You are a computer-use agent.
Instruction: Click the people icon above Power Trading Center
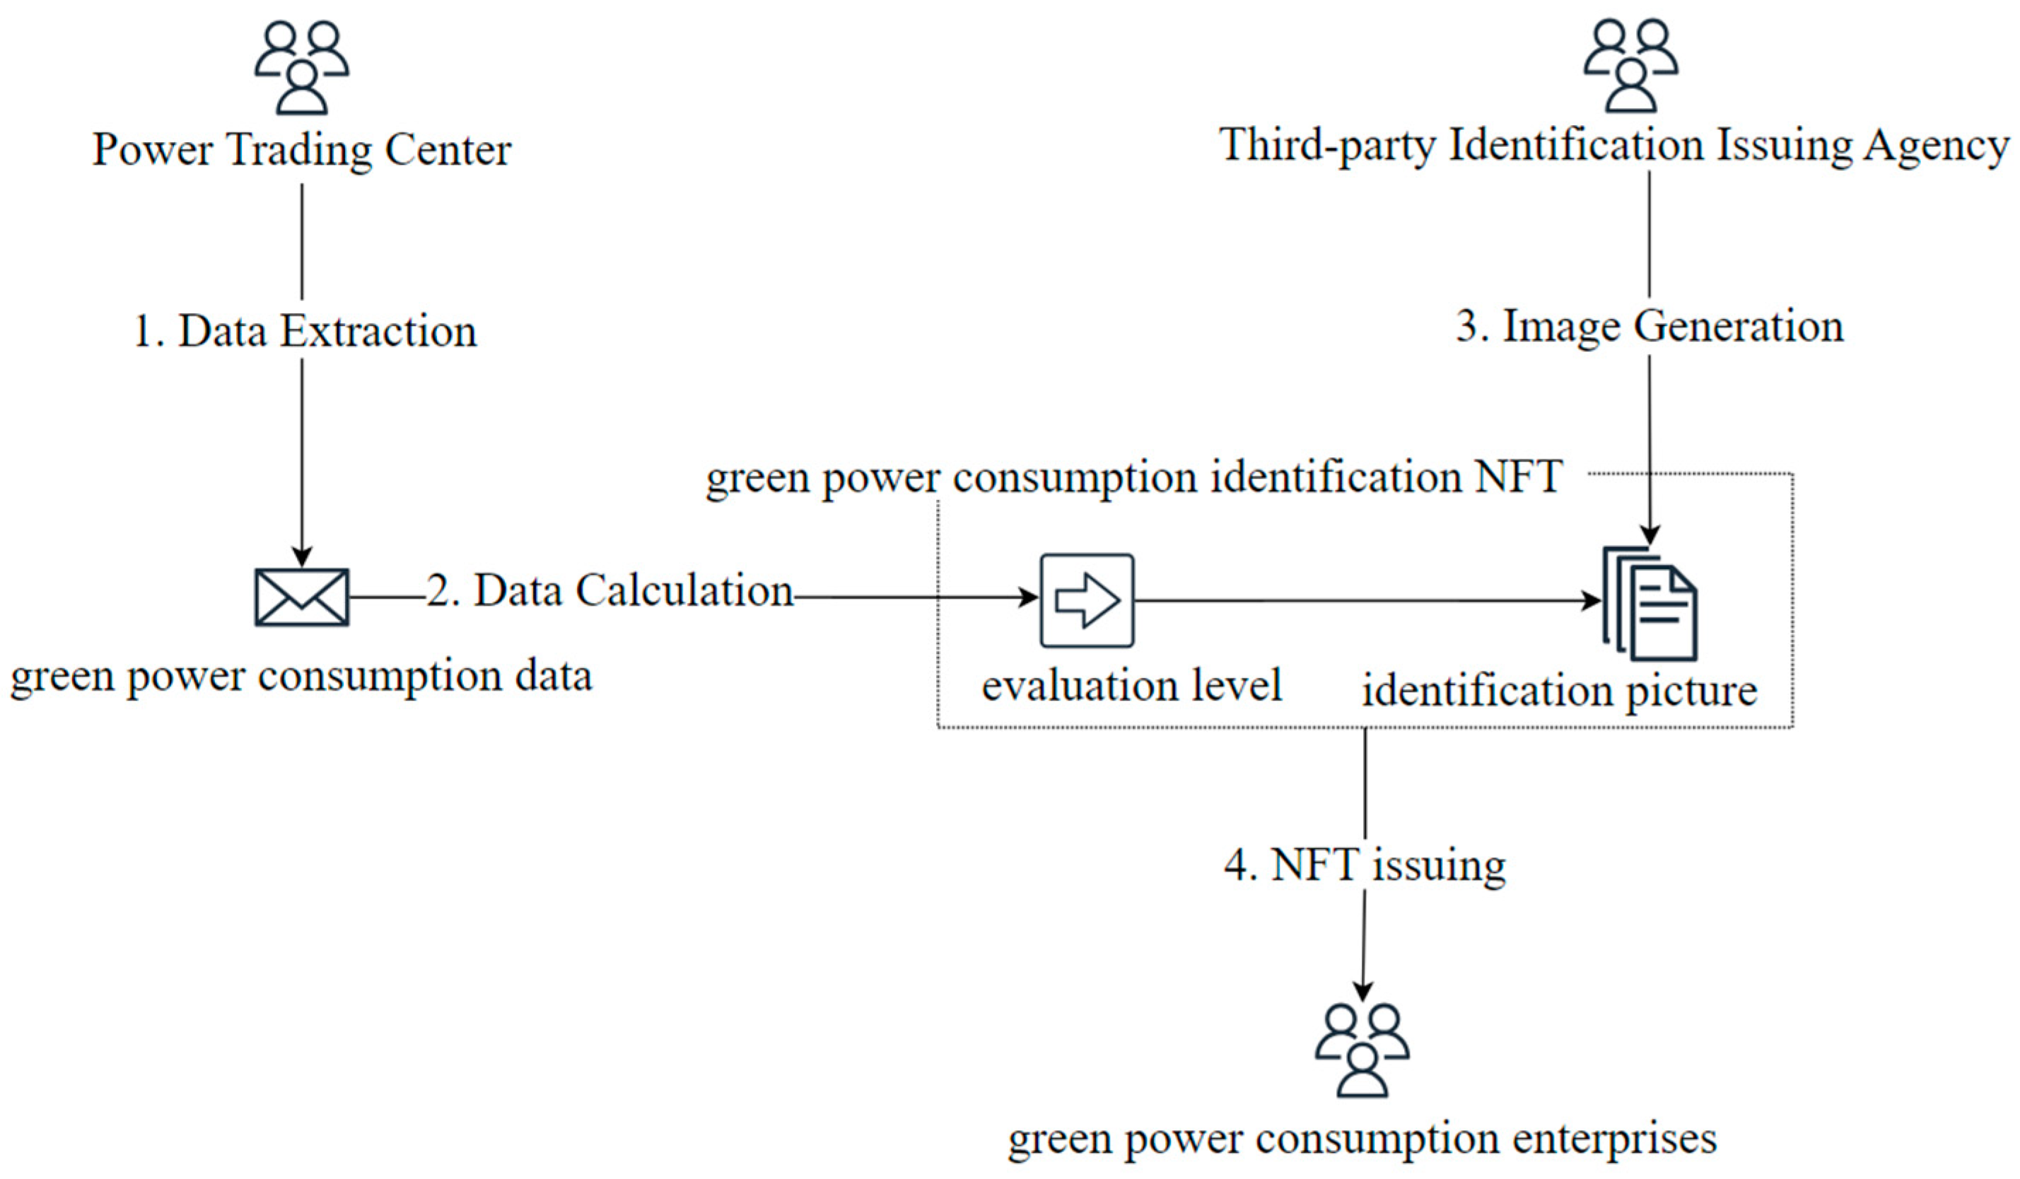pos(301,68)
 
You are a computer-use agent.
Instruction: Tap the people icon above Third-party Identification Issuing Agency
pos(1630,66)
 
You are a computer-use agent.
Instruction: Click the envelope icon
pos(301,597)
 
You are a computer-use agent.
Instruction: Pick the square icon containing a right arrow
pos(1087,600)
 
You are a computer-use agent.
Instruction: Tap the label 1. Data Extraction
pos(305,331)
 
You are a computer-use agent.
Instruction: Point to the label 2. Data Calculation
pos(609,592)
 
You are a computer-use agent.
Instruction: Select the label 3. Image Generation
pos(1650,327)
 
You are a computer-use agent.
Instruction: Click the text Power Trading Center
pos(301,150)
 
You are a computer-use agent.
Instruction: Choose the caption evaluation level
pos(1132,686)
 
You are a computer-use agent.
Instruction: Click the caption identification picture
pos(1559,691)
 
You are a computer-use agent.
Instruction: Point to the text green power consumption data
pos(301,676)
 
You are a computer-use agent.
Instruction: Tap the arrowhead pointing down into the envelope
pos(301,556)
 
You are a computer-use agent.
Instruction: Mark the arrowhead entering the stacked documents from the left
pos(1590,600)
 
